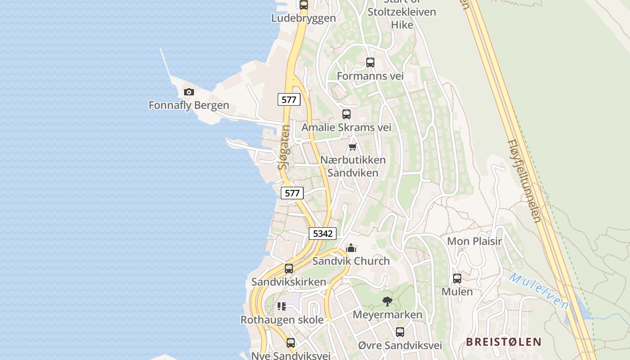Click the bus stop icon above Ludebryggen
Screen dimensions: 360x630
[304, 5]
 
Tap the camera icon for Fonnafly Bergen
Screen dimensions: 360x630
[189, 92]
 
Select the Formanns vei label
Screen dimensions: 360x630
[370, 76]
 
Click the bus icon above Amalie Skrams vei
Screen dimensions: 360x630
[346, 114]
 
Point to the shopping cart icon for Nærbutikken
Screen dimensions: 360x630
[353, 147]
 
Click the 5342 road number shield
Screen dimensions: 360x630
[323, 234]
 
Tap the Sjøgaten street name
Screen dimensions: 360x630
[284, 147]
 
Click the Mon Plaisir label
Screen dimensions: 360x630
[474, 241]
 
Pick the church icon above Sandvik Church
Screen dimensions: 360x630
[351, 248]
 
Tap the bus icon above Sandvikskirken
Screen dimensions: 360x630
[289, 269]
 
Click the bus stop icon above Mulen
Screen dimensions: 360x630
[457, 279]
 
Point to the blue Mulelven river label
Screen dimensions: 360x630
[539, 290]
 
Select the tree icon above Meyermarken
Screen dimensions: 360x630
[387, 301]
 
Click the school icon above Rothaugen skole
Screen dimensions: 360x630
[282, 307]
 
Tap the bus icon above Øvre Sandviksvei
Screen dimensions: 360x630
[400, 332]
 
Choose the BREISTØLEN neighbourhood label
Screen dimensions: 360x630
[503, 342]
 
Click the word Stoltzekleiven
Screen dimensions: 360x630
[402, 12]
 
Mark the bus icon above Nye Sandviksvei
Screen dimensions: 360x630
[291, 343]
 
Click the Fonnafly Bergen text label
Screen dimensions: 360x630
[189, 105]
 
